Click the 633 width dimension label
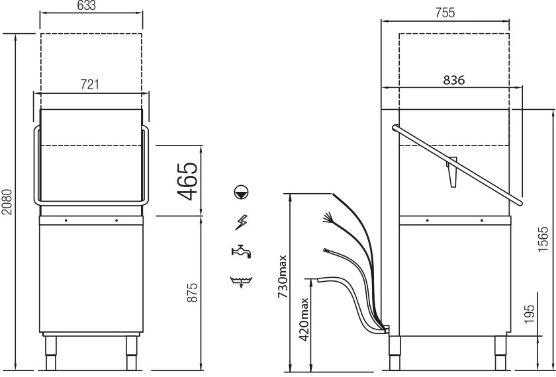point(86,6)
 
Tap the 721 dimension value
point(89,85)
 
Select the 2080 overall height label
point(7,202)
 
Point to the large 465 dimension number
point(187,181)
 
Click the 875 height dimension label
point(192,292)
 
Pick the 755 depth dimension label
point(445,13)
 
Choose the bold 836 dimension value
point(454,80)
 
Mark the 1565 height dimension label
point(543,239)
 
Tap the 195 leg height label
point(529,314)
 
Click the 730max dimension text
point(283,276)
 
